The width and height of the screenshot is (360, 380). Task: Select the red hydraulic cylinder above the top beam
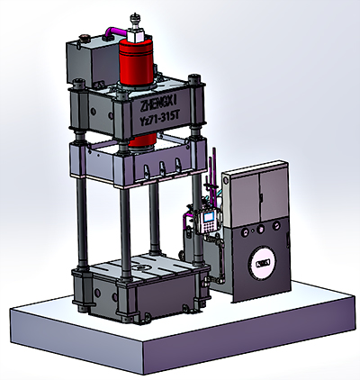[x=136, y=63]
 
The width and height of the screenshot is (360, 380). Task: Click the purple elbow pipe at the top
[x=116, y=32]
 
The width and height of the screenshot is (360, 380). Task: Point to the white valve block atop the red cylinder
[x=136, y=34]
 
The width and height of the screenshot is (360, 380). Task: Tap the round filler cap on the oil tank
[x=83, y=38]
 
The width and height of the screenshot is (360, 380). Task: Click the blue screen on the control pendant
[x=209, y=217]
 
